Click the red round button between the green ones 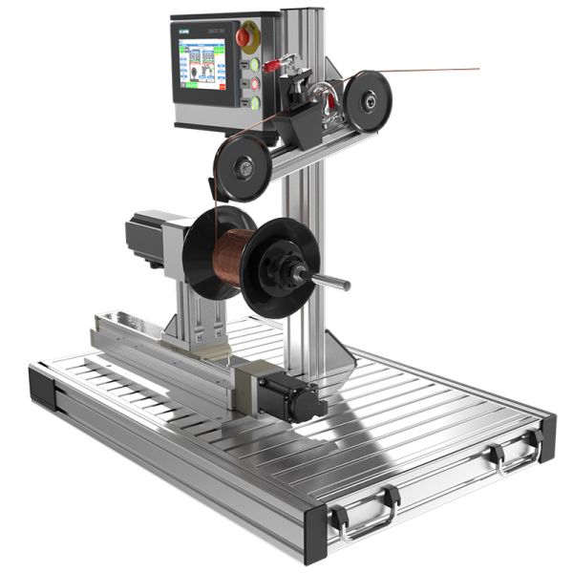click(255, 84)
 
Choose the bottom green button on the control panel click(255, 101)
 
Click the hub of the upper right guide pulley click(367, 98)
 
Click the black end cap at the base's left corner click(43, 388)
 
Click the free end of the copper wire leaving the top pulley click(477, 69)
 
